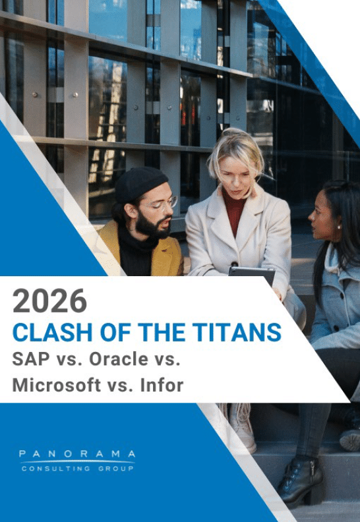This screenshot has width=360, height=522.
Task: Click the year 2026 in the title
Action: pos(49,301)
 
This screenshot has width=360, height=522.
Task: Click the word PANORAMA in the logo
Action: pos(77,454)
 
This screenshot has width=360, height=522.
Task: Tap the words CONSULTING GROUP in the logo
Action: pos(77,469)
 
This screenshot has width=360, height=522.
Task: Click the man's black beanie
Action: pos(140,183)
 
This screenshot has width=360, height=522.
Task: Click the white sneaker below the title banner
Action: pos(242,428)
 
